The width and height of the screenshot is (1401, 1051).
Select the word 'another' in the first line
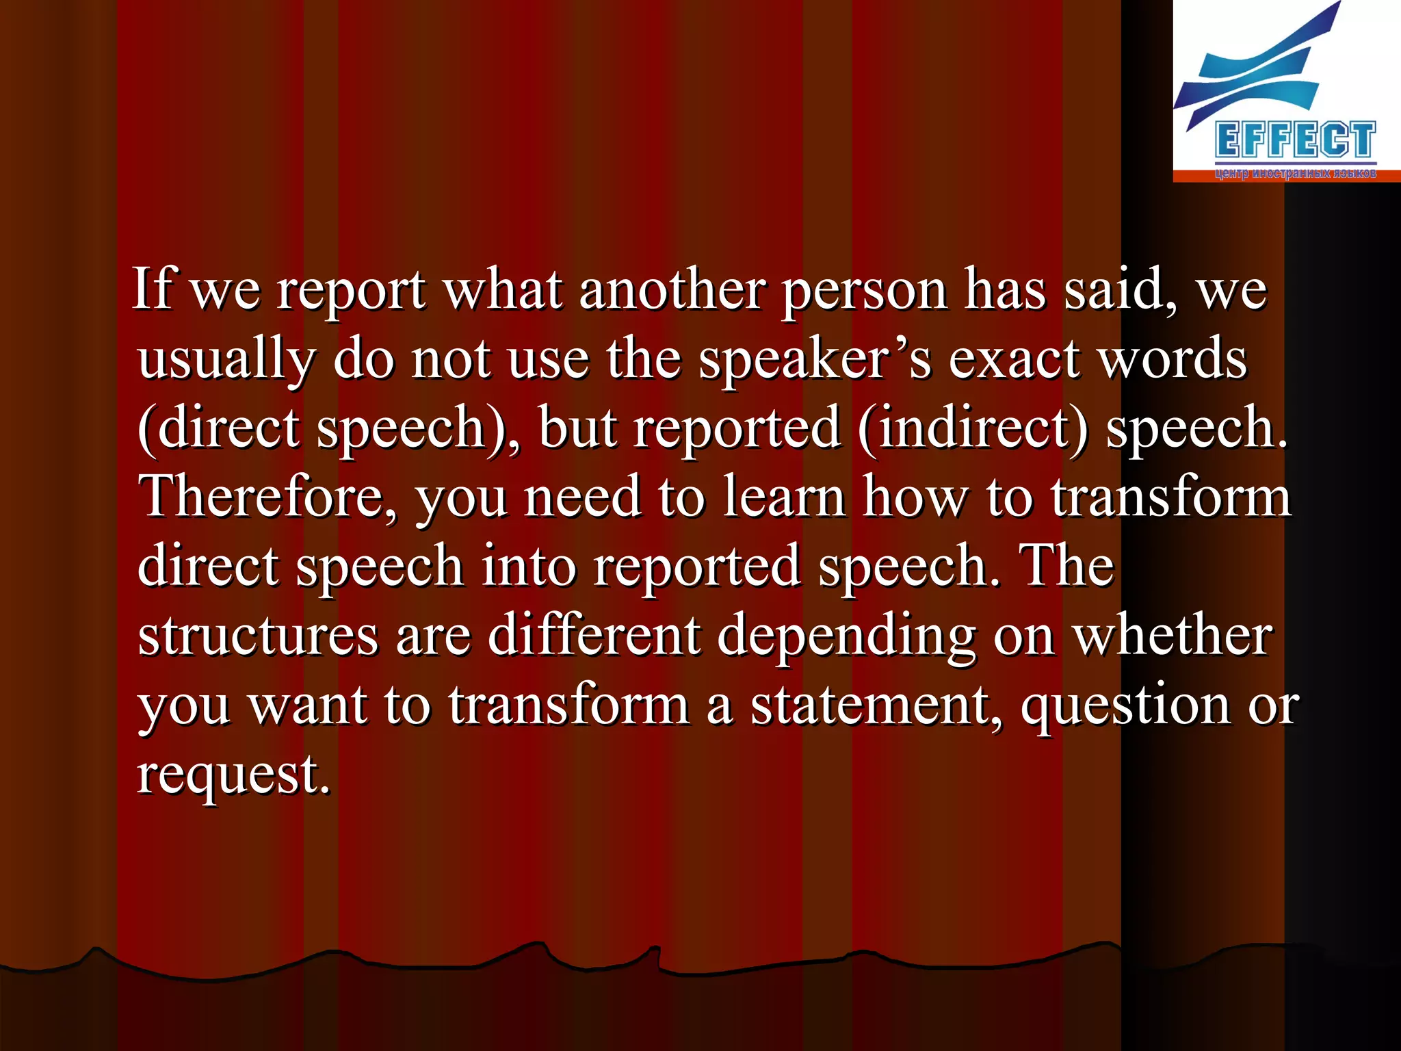pos(671,289)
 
